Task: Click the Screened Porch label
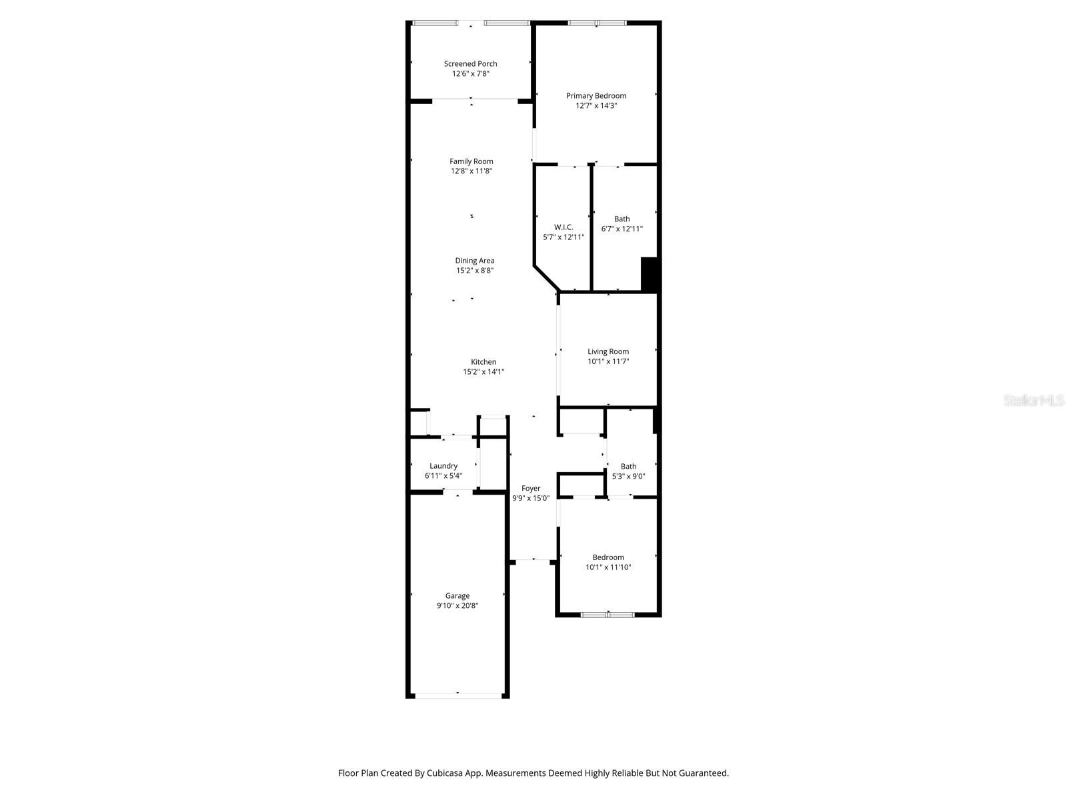click(x=470, y=63)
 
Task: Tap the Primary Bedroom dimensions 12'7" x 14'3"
click(x=596, y=106)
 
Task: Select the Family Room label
click(x=471, y=161)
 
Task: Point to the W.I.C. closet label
click(x=564, y=227)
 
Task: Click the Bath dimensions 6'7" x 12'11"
click(x=622, y=229)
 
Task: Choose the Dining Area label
click(x=474, y=261)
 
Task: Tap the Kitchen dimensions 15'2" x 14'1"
click(x=483, y=372)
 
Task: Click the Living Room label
click(x=608, y=352)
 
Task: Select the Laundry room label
click(x=443, y=466)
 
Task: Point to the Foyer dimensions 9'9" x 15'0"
click(x=531, y=499)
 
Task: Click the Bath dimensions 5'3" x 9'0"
click(x=628, y=477)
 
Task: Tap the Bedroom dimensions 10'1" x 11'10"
click(x=608, y=567)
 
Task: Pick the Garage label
click(x=457, y=596)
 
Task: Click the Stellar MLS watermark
click(x=1034, y=400)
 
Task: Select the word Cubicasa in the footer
click(x=445, y=773)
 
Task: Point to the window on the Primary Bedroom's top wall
click(x=597, y=23)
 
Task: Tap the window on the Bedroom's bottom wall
click(x=608, y=615)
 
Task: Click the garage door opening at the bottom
click(x=458, y=695)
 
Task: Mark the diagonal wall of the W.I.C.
click(x=546, y=278)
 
